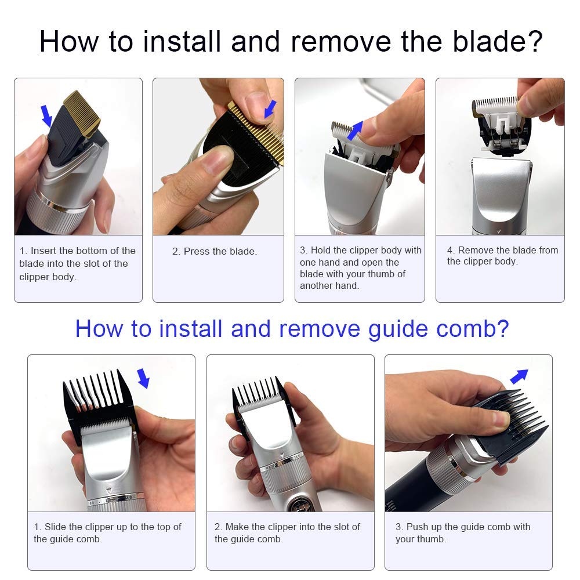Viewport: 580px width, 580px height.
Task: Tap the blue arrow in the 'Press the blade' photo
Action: [270, 109]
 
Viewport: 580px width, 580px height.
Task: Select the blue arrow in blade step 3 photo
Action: [355, 130]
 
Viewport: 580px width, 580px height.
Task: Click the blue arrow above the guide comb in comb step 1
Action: [143, 378]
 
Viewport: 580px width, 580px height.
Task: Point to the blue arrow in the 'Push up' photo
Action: [519, 376]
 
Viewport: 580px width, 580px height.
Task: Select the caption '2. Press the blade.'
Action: [215, 251]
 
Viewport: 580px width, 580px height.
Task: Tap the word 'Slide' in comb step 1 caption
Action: [55, 527]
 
